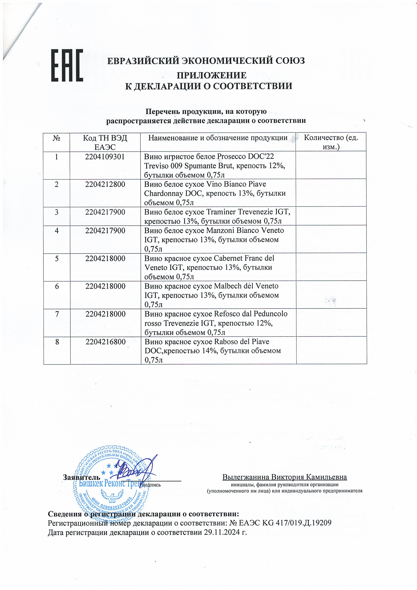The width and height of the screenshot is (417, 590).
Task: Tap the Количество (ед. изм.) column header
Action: (x=331, y=142)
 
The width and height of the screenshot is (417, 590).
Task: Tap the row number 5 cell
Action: (x=57, y=259)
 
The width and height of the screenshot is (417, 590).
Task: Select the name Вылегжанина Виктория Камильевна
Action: (x=285, y=477)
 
